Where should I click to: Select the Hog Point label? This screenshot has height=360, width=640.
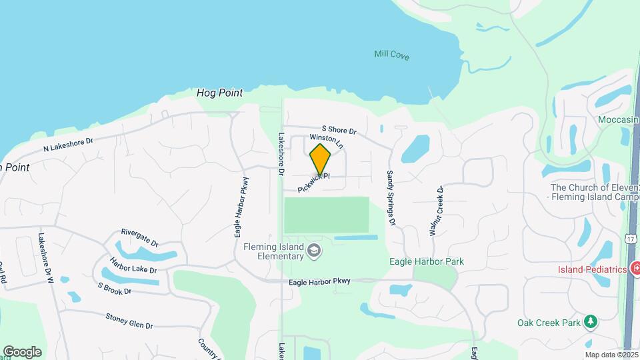coord(219,93)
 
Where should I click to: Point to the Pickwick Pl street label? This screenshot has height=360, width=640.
coord(314,183)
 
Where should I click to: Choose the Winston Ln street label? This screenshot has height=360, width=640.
coord(326,141)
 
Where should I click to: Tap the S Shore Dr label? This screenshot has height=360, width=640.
coord(339,130)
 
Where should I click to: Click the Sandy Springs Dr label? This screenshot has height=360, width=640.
coord(391,197)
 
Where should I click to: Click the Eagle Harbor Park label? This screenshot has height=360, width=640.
coord(426,262)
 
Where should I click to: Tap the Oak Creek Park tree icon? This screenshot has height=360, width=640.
coord(590,323)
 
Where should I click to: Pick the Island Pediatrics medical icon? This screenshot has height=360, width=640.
coord(636,269)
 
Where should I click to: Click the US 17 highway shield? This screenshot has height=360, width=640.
coord(631,238)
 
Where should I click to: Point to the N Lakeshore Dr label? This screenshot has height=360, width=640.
coord(68,145)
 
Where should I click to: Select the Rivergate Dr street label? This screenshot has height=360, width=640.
coord(139,237)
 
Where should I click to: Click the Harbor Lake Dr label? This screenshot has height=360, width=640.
coord(133,265)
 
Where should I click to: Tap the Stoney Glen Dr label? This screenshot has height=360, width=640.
coord(129,320)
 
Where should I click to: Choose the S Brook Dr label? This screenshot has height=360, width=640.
coord(114,289)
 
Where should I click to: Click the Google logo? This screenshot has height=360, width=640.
coord(22,351)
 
